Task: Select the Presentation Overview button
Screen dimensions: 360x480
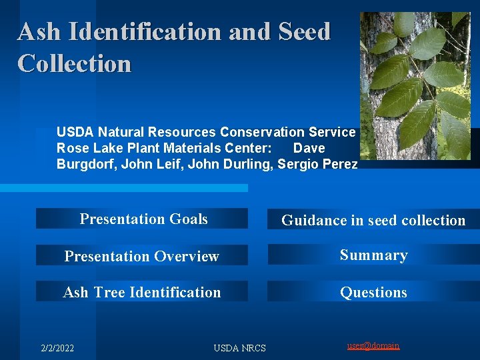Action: coord(141,256)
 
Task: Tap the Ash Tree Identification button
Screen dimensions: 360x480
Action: coord(141,292)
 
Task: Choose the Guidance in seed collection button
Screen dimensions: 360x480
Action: coord(373,220)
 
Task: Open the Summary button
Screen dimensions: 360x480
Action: coord(373,255)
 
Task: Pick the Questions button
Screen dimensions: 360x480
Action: coord(373,292)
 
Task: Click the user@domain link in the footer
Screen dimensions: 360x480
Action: coord(373,345)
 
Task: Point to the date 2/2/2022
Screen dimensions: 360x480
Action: coord(57,347)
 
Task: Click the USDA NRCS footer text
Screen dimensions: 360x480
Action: coord(239,347)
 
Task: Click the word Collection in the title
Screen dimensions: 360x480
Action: coord(74,63)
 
